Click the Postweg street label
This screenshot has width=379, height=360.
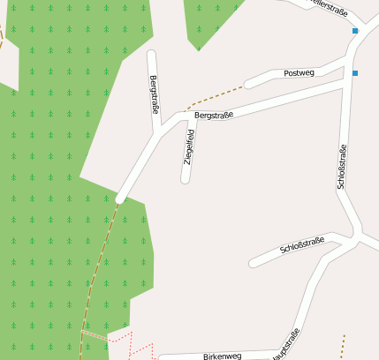[299, 73]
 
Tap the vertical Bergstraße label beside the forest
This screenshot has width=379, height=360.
[155, 95]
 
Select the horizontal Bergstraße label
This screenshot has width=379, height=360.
[214, 116]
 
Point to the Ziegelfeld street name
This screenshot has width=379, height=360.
[189, 147]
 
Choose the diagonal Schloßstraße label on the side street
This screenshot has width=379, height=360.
[302, 244]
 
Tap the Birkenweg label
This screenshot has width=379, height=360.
[222, 356]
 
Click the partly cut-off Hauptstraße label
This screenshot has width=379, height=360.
[287, 345]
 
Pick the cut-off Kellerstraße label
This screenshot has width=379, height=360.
[328, 8]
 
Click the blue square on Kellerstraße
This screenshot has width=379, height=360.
[355, 31]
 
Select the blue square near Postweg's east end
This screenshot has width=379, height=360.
[354, 72]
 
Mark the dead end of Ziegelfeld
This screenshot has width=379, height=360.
[186, 179]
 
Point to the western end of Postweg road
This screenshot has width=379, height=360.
[249, 85]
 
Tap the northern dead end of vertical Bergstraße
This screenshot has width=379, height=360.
[151, 55]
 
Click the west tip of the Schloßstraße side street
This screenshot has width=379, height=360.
[254, 262]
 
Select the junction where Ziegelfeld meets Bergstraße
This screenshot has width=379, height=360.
[191, 117]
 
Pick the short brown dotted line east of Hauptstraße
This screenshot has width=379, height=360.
[343, 347]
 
